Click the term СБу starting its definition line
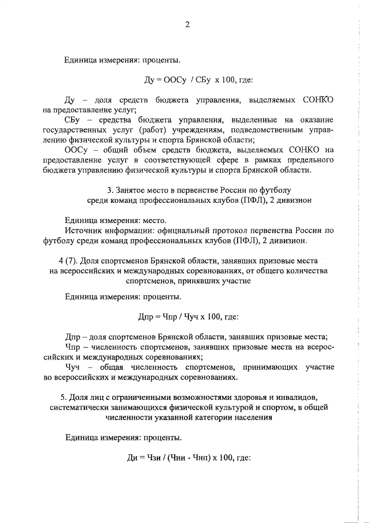74,120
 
